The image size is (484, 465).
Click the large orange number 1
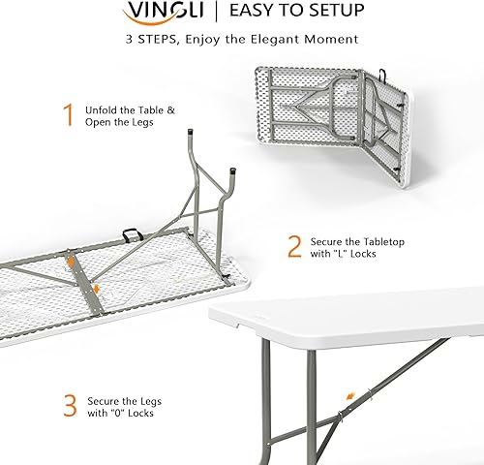click(69, 116)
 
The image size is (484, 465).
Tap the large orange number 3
click(70, 405)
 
